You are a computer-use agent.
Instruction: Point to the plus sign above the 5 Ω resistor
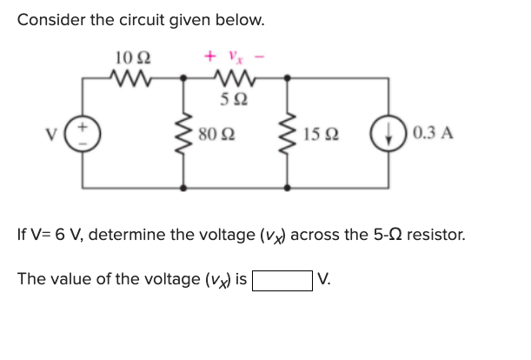coord(209,57)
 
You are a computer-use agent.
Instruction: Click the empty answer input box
coord(282,280)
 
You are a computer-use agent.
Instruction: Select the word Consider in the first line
coord(53,19)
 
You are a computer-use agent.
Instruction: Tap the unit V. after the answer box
coord(324,280)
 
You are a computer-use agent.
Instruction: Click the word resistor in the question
coord(435,235)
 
